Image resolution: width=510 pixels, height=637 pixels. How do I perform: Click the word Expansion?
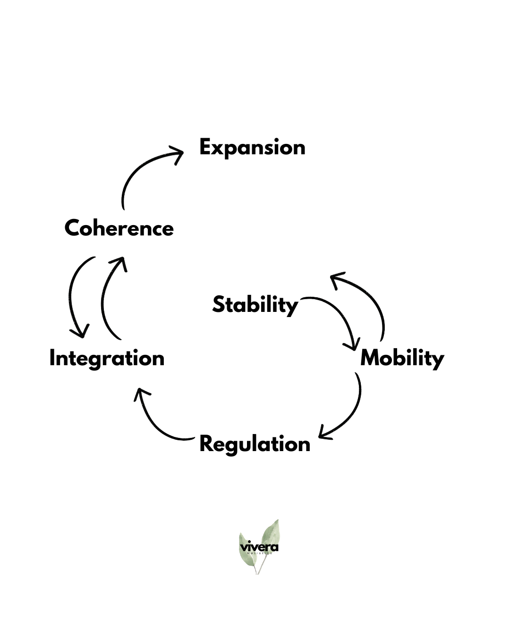coord(252,148)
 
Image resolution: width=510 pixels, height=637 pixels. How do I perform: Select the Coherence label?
coord(119,228)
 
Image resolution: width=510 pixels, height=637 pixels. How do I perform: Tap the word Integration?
coord(107,359)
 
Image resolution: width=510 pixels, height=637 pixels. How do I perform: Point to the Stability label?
coord(255,305)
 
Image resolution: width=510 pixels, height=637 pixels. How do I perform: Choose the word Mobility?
coord(402,359)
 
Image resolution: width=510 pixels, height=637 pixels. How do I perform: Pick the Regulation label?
coord(255,444)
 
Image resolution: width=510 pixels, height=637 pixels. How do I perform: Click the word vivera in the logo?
coord(259,547)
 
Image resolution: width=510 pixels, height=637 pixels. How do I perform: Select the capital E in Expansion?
coord(205,147)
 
